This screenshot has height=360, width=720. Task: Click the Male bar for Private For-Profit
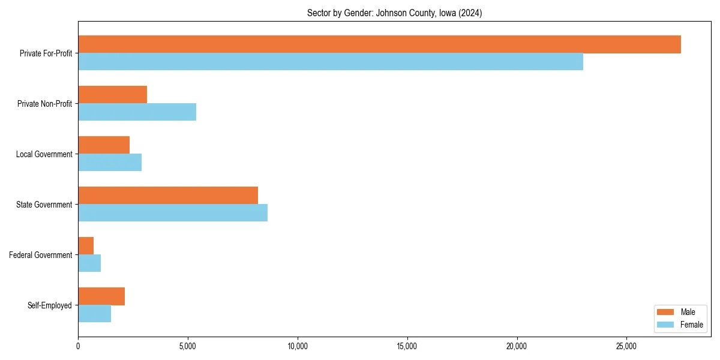379,44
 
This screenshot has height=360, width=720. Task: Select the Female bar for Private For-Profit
331,62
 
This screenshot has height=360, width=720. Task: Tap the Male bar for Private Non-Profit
113,95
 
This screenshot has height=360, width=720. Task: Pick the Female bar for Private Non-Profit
137,112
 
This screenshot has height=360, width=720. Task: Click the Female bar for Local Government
110,163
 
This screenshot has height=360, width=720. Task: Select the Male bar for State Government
168,196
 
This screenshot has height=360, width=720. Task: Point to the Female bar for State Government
173,213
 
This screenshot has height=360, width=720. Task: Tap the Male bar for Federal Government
86,246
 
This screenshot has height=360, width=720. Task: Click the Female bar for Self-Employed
95,314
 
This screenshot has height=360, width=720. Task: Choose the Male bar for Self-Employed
101,296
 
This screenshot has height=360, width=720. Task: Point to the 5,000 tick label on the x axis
188,346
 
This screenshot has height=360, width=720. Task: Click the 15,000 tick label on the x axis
407,346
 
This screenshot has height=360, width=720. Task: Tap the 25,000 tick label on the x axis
626,346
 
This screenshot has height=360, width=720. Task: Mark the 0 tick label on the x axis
78,346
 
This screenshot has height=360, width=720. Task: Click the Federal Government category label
41,255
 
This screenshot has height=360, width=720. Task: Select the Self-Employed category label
50,305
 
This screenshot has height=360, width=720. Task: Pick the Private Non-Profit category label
45,104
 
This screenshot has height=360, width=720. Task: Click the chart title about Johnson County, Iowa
394,13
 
